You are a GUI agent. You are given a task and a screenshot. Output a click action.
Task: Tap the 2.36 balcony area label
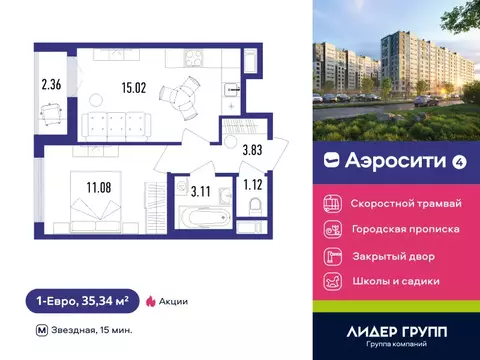tap(49, 84)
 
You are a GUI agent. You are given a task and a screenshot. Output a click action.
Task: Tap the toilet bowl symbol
tap(255, 210)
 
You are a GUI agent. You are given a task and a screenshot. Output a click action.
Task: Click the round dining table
tap(176, 96)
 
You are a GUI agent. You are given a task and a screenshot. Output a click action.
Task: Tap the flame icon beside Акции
tap(151, 299)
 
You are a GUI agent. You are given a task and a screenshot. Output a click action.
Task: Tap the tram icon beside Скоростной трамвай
tap(331, 202)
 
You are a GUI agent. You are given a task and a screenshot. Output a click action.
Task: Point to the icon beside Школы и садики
tap(331, 281)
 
